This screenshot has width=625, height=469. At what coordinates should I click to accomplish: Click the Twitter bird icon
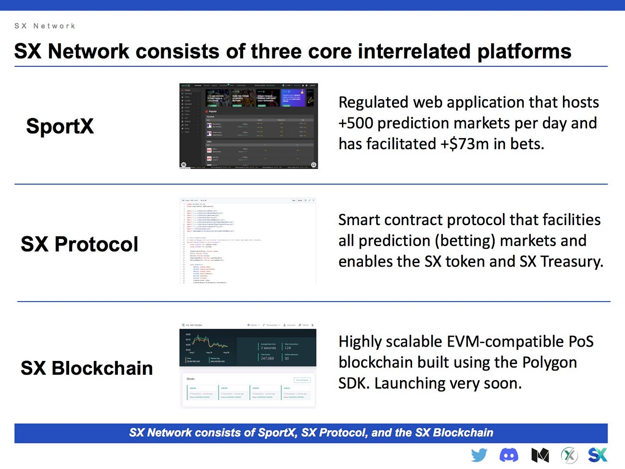(x=479, y=455)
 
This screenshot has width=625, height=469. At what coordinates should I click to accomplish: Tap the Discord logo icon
(x=508, y=455)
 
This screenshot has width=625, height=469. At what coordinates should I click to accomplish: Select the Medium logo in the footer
(x=540, y=455)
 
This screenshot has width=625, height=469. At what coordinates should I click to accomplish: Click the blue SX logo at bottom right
(x=597, y=455)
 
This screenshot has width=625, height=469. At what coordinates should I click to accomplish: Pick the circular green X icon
(x=569, y=455)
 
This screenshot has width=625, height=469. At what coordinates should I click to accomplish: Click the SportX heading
(x=60, y=126)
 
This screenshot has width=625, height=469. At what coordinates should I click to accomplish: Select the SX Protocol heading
(x=79, y=244)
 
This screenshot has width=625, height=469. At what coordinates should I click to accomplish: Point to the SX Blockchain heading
(x=87, y=368)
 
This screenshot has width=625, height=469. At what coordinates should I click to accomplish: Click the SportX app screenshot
(x=248, y=126)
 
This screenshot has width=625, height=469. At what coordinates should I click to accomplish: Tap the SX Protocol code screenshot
(x=248, y=241)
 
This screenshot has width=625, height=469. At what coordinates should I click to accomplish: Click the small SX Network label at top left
(x=45, y=26)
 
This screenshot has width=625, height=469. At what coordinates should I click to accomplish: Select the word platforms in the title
(x=524, y=52)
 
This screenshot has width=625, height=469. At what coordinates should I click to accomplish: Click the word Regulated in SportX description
(x=374, y=103)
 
